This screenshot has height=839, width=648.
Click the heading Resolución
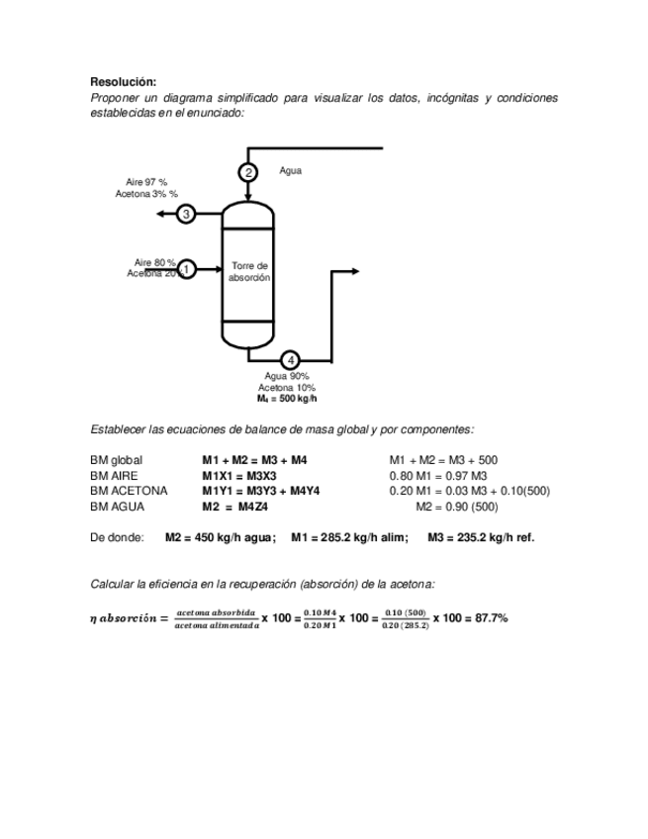[123, 82]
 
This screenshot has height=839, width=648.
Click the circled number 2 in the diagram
[248, 173]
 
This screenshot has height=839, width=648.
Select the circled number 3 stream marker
[186, 214]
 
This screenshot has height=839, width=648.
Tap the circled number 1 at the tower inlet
[186, 268]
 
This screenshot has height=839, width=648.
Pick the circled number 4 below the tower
[290, 360]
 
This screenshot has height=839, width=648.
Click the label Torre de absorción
[249, 272]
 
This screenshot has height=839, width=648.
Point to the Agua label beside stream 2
[290, 170]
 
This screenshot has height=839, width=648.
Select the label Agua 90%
[287, 376]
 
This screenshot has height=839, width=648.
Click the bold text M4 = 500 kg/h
[287, 399]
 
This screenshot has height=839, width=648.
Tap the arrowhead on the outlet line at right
[356, 270]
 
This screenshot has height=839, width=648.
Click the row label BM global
[116, 460]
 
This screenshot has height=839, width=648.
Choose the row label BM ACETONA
[129, 491]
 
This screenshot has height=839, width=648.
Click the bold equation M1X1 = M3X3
[239, 476]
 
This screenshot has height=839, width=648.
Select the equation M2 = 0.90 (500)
[457, 507]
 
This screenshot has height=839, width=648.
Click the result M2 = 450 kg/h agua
[220, 538]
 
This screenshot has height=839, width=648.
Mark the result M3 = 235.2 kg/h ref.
[481, 538]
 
